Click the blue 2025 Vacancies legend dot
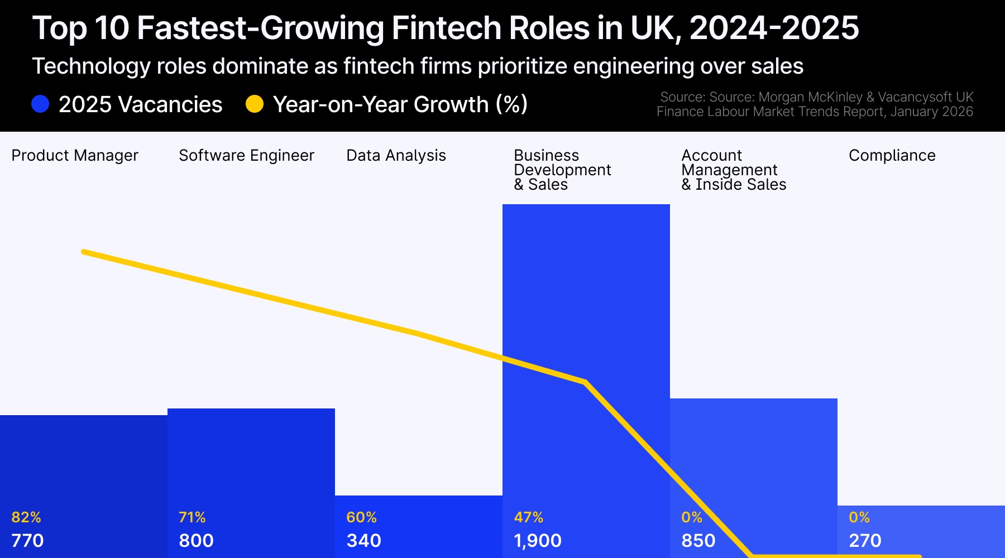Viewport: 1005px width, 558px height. [x=40, y=104]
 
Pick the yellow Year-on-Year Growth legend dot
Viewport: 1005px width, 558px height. [x=255, y=104]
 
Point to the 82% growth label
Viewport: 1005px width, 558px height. [x=26, y=517]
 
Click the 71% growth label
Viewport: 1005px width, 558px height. [x=192, y=517]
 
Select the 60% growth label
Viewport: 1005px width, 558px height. [x=361, y=517]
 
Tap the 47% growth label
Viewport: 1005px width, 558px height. [x=528, y=517]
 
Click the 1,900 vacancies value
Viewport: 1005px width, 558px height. [x=538, y=541]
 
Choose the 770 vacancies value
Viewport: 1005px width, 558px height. [x=27, y=541]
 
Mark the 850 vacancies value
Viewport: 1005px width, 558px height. [x=698, y=541]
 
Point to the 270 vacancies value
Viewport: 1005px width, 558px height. [x=865, y=541]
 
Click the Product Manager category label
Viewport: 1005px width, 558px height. [x=75, y=155]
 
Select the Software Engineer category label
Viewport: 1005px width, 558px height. [x=246, y=155]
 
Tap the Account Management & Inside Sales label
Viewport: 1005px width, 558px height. [x=734, y=170]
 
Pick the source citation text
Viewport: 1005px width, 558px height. [x=815, y=104]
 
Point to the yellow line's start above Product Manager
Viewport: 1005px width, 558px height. [x=84, y=252]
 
